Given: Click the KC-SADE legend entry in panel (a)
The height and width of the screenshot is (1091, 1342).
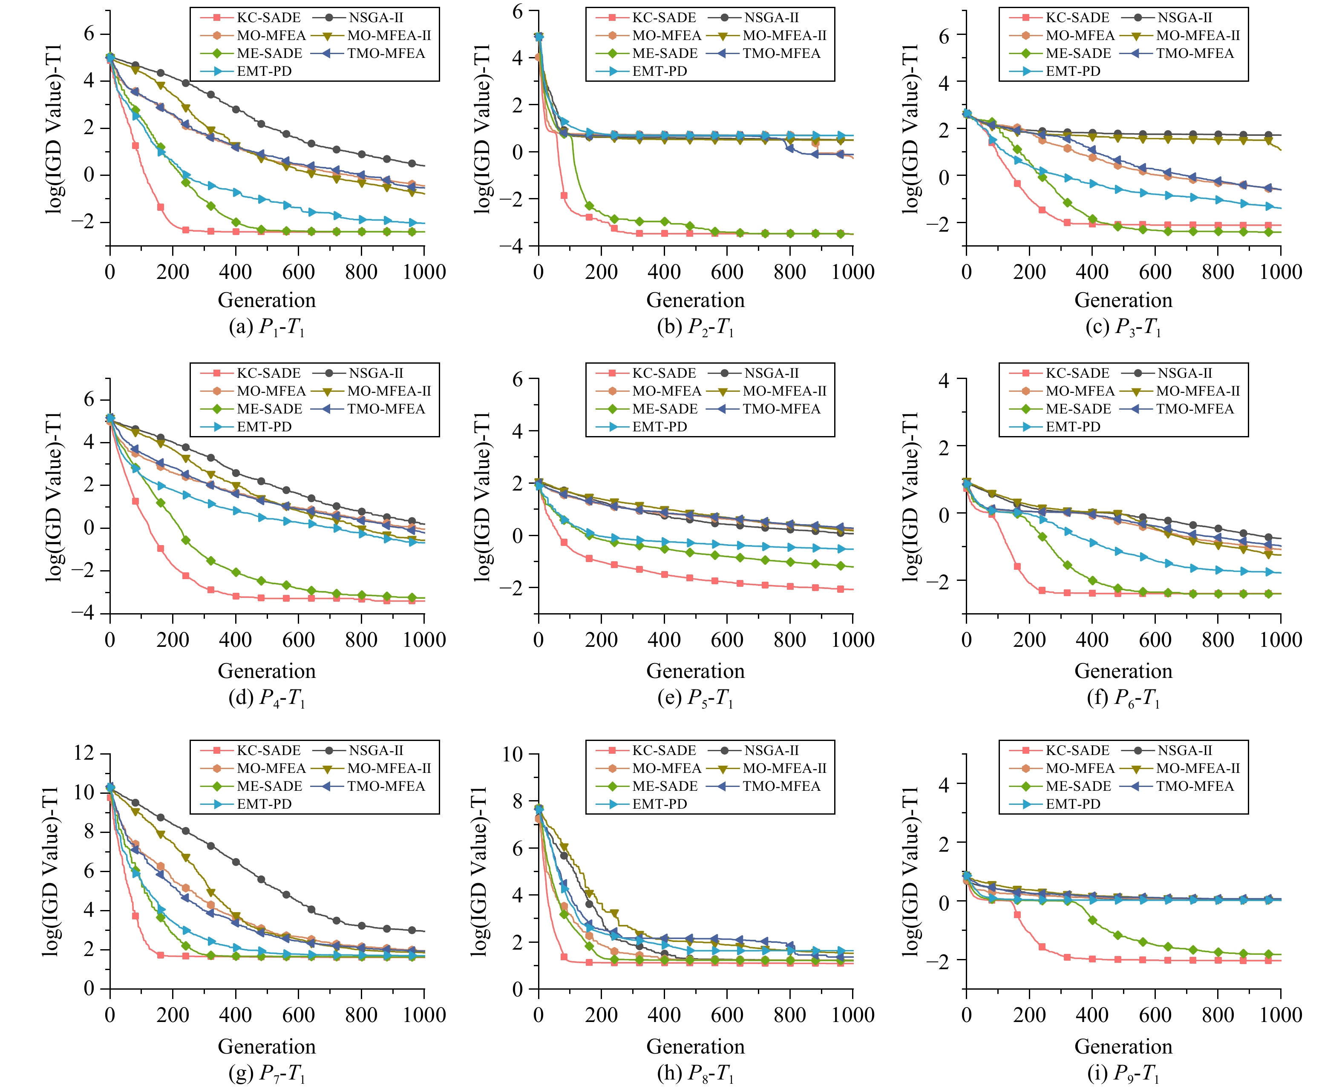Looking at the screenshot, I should tap(268, 17).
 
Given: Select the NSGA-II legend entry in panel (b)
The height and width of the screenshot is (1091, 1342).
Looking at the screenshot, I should tap(771, 17).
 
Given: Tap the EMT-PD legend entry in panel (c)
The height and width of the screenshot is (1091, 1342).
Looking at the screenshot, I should tap(1072, 71).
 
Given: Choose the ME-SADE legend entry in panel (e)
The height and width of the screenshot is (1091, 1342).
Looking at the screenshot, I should tap(665, 408).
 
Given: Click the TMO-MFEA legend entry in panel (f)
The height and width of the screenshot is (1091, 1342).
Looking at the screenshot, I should tap(1194, 408).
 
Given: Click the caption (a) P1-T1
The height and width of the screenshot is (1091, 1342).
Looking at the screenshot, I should tap(267, 327).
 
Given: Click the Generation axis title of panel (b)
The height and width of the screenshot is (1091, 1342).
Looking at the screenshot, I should tap(695, 300).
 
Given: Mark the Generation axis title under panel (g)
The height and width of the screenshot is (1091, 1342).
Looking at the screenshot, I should tap(267, 1046).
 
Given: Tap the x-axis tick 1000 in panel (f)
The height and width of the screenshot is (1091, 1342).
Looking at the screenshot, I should tap(1280, 640).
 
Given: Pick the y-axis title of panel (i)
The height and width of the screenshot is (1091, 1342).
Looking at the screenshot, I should tap(911, 871).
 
